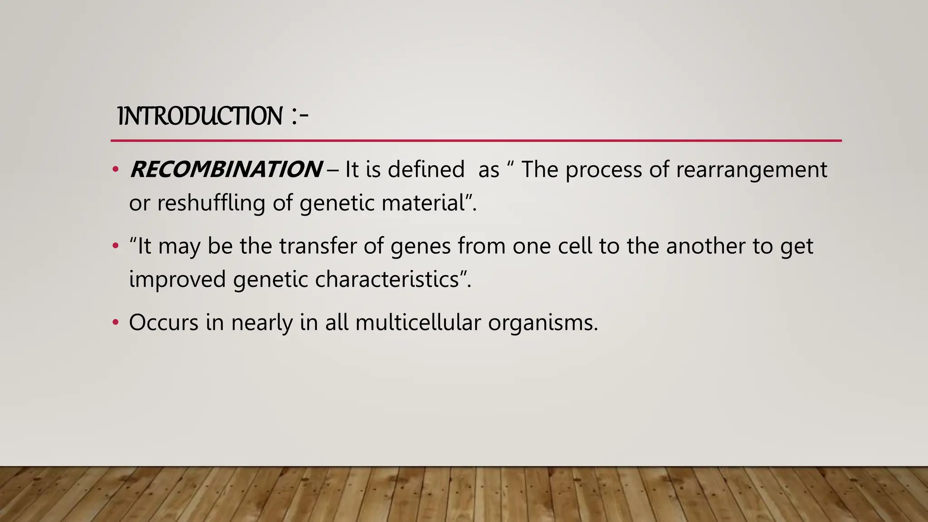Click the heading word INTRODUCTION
[200, 116]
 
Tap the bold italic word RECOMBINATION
[226, 170]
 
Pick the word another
[706, 246]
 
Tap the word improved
[177, 279]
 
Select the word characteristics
[387, 279]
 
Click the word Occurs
[164, 323]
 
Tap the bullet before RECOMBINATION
[116, 170]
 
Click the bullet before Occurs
[116, 323]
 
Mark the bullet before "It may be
[116, 246]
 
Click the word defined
[425, 170]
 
